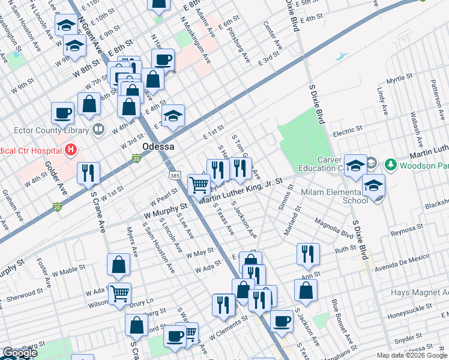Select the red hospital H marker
(x=71, y=149)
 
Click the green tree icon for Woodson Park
(x=391, y=164)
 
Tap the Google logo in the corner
(x=20, y=353)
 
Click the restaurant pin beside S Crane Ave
(x=88, y=173)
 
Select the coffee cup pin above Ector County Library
(x=62, y=113)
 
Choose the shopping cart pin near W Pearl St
(x=199, y=185)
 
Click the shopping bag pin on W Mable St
(x=119, y=265)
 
